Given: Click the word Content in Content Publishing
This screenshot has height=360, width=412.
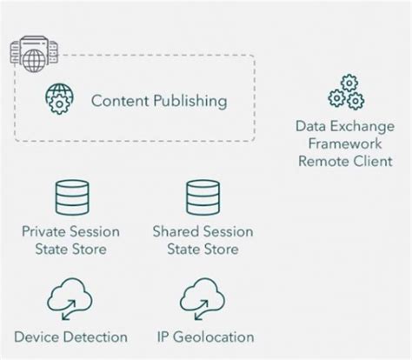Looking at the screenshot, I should pos(118,101).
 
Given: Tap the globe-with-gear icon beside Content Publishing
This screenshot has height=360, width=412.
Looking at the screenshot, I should pos(60,100).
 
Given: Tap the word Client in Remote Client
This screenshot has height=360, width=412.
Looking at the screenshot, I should pos(373,161).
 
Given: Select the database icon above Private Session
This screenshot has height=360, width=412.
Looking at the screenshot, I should pos(71,197).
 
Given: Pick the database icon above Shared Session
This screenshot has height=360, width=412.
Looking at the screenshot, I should pos(203,197).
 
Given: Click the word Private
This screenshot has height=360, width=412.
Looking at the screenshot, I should pos(47,232).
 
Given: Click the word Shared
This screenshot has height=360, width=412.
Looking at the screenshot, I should pos(176,232).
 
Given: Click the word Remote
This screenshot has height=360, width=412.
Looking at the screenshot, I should pos(323,161).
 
